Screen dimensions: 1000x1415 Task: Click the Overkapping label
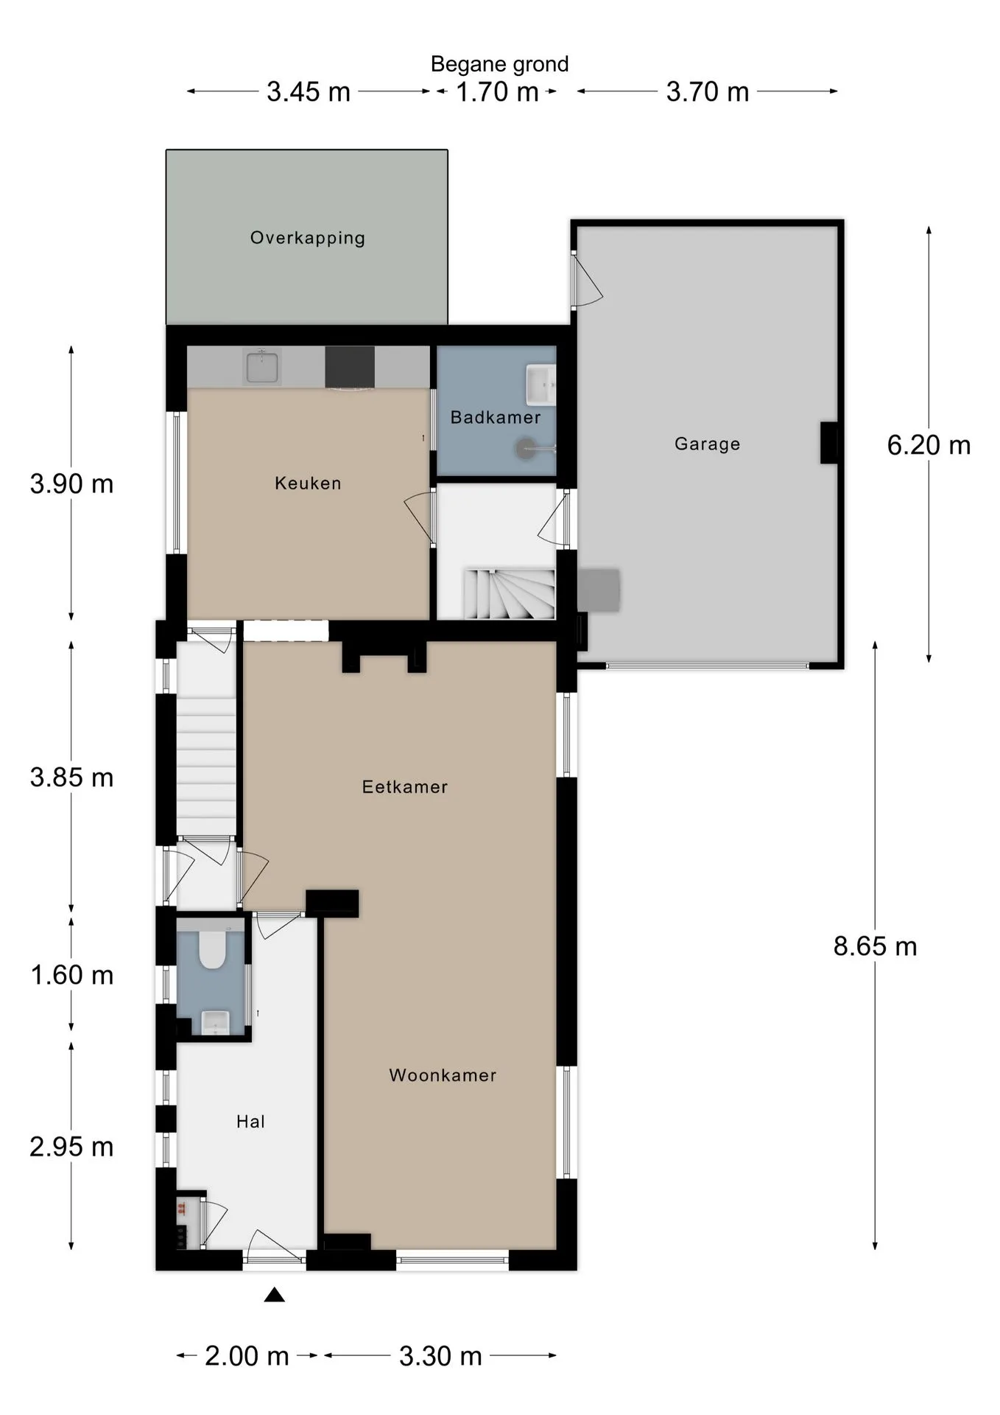click(x=308, y=238)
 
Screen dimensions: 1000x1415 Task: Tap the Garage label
click(x=707, y=444)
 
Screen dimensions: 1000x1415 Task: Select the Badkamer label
click(x=496, y=417)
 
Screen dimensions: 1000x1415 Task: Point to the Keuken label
click(x=308, y=483)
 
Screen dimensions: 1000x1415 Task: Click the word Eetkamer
click(x=405, y=787)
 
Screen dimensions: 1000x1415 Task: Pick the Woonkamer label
click(x=443, y=1075)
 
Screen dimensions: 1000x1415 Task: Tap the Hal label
click(x=250, y=1122)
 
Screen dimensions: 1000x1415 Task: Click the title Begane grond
click(x=499, y=64)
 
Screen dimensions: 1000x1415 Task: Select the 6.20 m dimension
click(x=929, y=445)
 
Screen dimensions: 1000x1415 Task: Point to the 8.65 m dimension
click(x=875, y=946)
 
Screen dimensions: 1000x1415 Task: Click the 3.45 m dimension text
click(x=309, y=92)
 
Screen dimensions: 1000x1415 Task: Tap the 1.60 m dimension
click(x=71, y=975)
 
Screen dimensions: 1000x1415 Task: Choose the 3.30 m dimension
click(x=440, y=1356)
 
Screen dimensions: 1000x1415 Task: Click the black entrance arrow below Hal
click(x=275, y=1295)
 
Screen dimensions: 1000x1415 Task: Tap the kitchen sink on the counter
click(x=262, y=367)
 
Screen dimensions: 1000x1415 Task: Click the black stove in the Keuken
click(x=350, y=367)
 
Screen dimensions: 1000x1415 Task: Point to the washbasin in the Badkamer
click(x=541, y=384)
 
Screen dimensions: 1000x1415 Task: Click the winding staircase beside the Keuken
click(x=508, y=594)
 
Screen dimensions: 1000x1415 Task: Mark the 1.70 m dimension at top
click(x=497, y=92)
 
